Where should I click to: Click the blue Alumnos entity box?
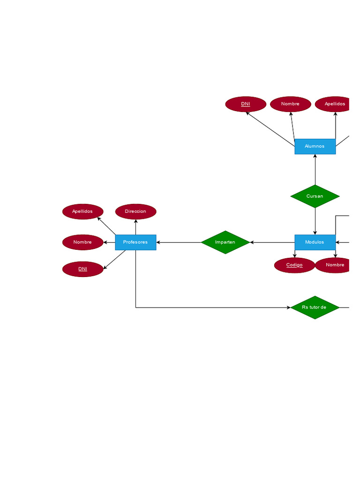(x=315, y=146)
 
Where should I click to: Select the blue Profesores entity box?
(x=135, y=242)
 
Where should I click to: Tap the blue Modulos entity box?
(x=315, y=242)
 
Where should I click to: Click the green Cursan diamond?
(x=315, y=196)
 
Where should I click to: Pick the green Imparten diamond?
(x=225, y=242)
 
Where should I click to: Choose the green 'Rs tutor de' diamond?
(x=315, y=307)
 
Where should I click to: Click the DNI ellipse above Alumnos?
(x=246, y=104)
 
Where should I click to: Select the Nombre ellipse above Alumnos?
(x=291, y=104)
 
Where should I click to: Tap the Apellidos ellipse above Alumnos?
(x=334, y=104)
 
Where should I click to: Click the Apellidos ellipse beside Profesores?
(x=82, y=211)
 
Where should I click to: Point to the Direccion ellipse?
(x=135, y=211)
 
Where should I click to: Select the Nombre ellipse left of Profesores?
(x=82, y=242)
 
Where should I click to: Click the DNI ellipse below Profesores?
(x=82, y=269)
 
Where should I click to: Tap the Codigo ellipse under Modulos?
(x=294, y=265)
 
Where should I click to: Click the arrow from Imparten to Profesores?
(x=179, y=242)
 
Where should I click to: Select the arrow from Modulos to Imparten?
(x=272, y=242)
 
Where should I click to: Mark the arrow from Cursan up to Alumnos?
(x=315, y=169)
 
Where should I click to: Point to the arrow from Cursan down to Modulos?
(x=315, y=221)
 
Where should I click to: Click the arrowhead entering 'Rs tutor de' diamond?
(x=288, y=307)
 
